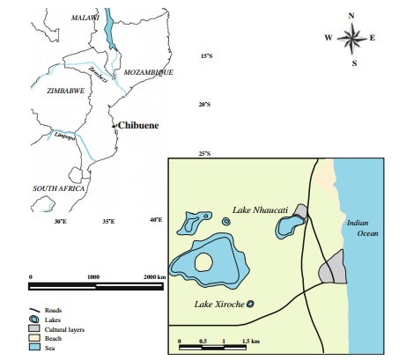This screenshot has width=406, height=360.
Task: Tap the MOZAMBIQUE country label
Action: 149,72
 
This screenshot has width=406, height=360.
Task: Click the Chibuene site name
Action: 140,127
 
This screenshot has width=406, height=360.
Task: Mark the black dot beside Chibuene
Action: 114,128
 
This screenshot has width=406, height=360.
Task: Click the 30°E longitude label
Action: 60,221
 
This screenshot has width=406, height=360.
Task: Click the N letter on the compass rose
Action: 351,16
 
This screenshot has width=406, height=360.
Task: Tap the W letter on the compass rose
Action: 328,38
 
